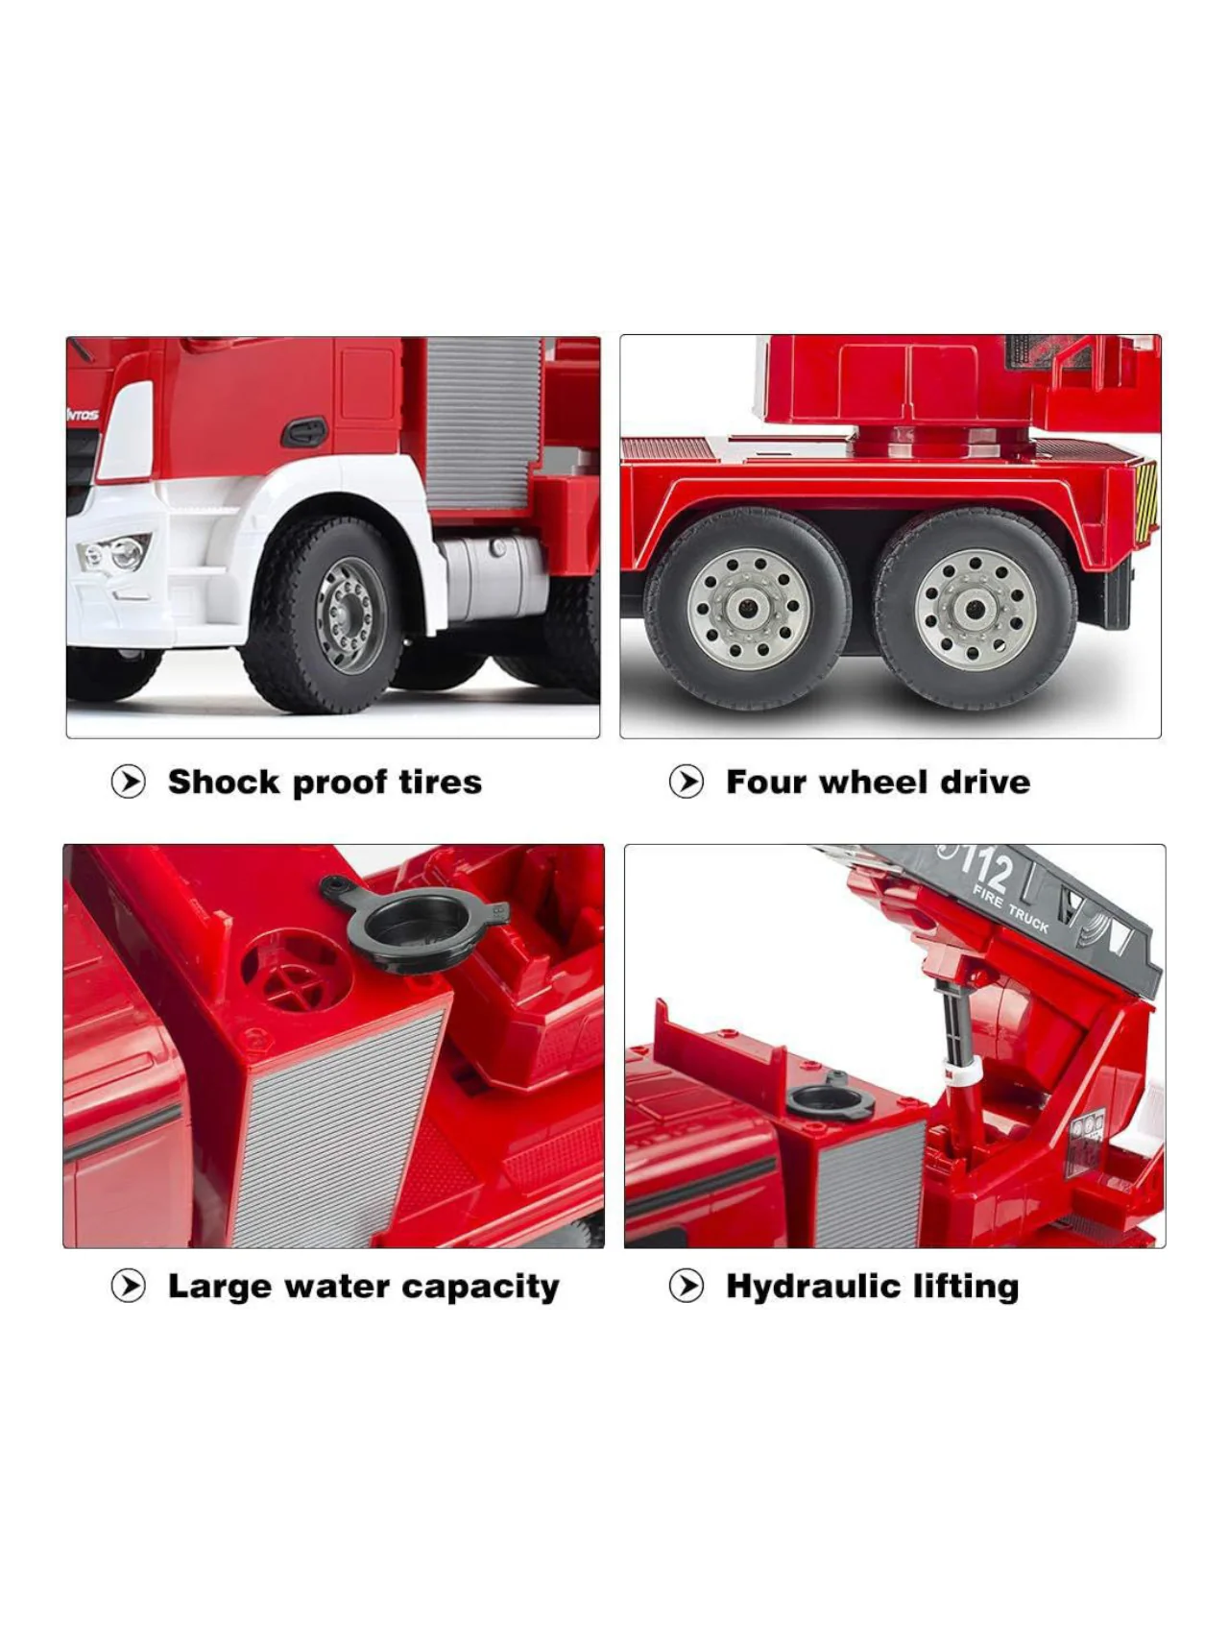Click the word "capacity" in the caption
pos(480,1289)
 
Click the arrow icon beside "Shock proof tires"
pos(129,783)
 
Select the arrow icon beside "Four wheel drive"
pos(687,783)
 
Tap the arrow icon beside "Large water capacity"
pos(129,1286)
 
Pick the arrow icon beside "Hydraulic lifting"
pos(687,1286)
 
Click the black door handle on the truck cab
pos(304,432)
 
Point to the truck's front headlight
pos(116,554)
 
